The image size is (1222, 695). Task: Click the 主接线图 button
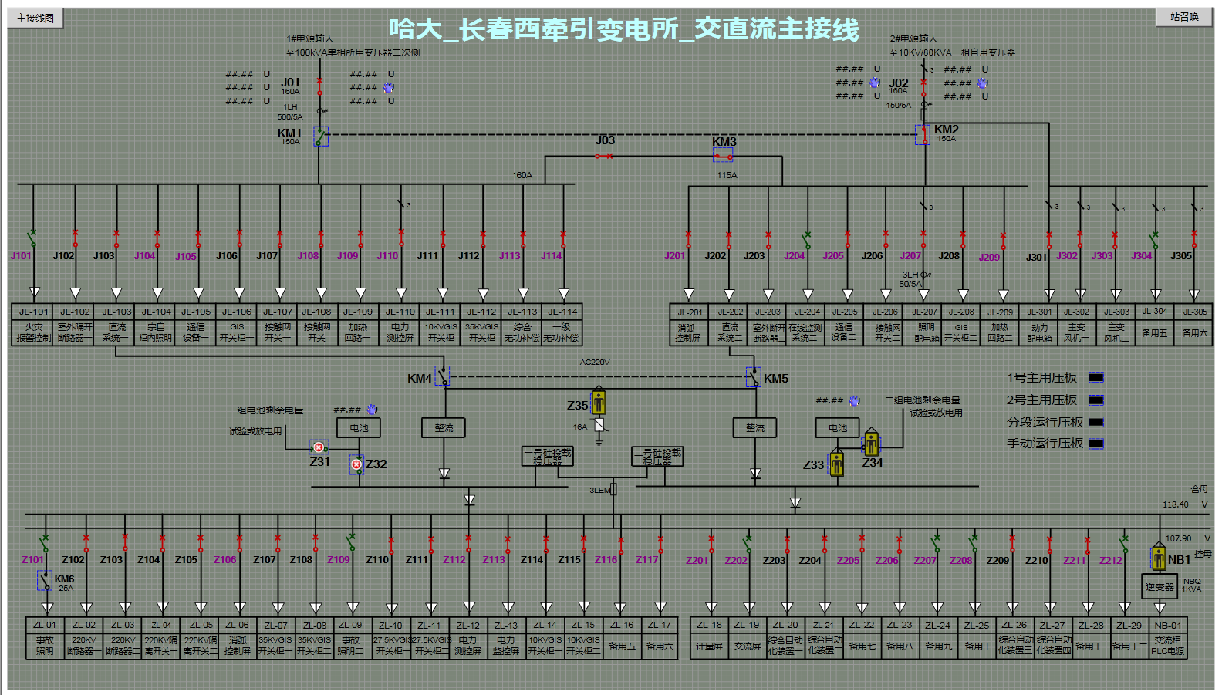coord(35,18)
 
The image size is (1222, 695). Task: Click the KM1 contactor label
coord(289,133)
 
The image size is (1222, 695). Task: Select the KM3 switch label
coord(724,142)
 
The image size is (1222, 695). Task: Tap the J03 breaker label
coord(605,140)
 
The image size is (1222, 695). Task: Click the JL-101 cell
coord(34,312)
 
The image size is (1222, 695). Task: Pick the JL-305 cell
coord(1195,312)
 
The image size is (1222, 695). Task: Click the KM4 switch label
coord(419,379)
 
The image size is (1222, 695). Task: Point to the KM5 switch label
coord(776,379)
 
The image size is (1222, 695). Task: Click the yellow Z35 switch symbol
coord(599,402)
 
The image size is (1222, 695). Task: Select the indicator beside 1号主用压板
coord(1095,377)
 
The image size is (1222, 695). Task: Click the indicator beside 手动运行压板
coord(1095,444)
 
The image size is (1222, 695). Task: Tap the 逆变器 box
coord(1159,587)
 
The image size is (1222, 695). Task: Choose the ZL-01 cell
coord(45,625)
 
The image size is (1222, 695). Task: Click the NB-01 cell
coord(1167,625)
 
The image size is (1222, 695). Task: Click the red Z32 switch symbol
coord(356,464)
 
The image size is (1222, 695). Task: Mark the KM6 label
coord(65,579)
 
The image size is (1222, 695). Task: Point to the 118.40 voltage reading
coord(1176,504)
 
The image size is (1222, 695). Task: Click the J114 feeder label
coord(551,256)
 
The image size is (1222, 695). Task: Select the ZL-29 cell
coord(1129,625)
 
